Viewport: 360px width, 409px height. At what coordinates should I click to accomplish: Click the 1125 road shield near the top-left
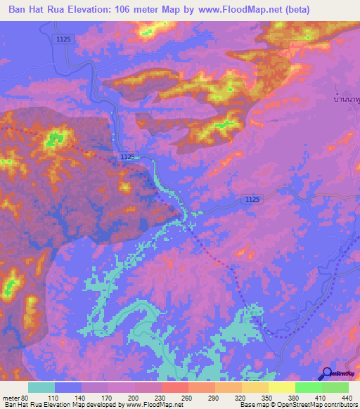[63, 41]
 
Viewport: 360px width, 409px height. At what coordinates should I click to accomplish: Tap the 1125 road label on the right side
[252, 200]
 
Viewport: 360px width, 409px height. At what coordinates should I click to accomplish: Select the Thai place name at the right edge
[345, 100]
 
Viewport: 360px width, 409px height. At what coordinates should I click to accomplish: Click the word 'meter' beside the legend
[10, 398]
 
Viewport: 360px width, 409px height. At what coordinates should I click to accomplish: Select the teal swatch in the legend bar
[41, 387]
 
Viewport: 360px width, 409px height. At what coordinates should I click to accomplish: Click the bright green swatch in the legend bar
[309, 387]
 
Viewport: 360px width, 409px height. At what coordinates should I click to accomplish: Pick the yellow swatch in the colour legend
[282, 387]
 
